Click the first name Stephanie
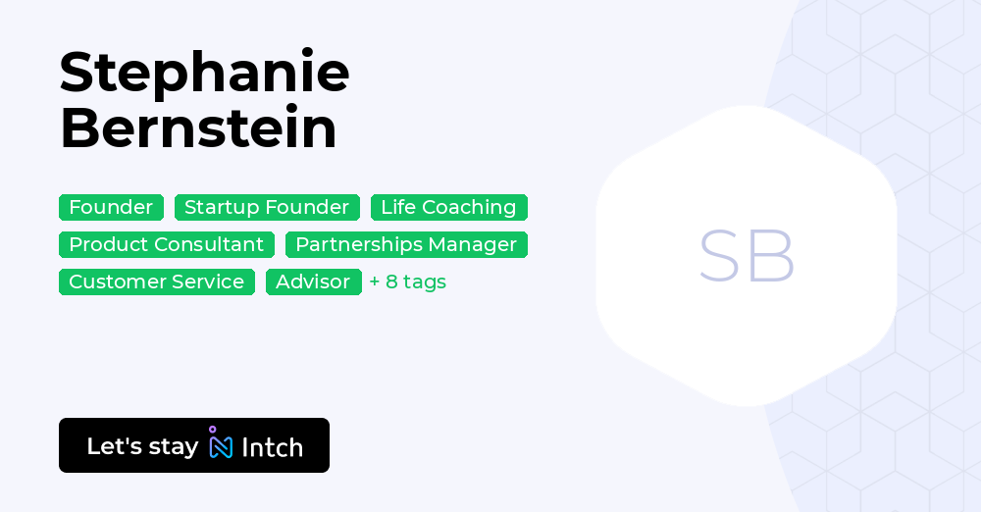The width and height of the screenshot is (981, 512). point(204,74)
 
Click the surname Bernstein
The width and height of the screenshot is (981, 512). point(198,128)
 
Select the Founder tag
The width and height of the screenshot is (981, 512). point(111,207)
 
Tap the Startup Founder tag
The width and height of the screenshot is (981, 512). point(267,207)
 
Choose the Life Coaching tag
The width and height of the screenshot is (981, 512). point(448,207)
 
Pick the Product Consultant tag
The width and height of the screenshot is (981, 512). point(166,244)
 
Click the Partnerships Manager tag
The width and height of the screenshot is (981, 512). point(406,244)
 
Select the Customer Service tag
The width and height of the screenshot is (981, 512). point(156,282)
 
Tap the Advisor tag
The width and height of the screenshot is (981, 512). point(313,282)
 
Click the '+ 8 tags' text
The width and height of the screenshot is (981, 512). point(408,282)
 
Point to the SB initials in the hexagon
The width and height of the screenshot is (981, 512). point(747,257)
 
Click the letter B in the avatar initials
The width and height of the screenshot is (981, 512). point(772,257)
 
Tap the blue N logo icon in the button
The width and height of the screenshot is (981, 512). point(221,447)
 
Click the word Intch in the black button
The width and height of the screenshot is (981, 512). point(272,447)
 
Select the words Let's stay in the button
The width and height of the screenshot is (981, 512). point(142,446)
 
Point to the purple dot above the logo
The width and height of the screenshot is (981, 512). point(212,430)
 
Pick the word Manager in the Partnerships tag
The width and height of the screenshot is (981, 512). point(476,244)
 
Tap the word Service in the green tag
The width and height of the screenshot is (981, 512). point(208,282)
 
